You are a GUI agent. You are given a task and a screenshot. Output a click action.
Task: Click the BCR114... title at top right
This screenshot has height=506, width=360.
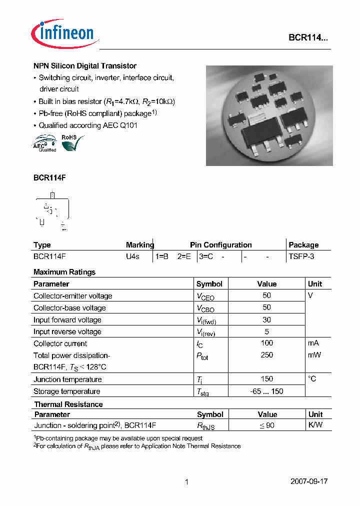coord(308,37)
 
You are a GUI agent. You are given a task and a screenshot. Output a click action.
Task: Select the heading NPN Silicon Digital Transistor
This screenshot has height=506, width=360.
coord(85,66)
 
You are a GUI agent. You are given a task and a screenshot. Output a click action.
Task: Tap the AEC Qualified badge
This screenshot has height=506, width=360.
coord(45,143)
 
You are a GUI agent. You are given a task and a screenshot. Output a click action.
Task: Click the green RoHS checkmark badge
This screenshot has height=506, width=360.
coord(71,142)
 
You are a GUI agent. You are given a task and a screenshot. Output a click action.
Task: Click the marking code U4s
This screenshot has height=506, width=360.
coord(132,256)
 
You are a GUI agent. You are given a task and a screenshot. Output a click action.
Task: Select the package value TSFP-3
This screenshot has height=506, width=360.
coord(301,256)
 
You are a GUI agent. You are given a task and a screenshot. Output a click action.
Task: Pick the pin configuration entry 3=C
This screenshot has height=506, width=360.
coord(205,256)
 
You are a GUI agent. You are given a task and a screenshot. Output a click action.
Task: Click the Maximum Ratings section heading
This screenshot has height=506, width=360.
coord(64,272)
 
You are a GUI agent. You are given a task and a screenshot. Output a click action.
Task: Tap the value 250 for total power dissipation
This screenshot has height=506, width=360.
coord(267,355)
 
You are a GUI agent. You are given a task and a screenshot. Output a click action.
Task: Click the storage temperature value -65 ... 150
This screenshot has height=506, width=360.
coord(267,391)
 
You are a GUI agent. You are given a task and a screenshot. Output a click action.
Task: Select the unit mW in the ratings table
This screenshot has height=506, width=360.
coord(314,355)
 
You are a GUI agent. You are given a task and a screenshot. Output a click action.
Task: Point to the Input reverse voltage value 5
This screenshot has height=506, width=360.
coord(267,331)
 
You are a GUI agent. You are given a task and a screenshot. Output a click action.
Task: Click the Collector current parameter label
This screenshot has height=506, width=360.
coord(60,343)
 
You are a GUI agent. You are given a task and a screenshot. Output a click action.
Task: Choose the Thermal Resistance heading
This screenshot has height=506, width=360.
coord(68,404)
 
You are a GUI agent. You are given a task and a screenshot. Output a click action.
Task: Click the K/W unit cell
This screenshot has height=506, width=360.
coord(315,425)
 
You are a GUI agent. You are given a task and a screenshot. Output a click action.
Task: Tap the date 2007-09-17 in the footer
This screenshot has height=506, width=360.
coord(309,481)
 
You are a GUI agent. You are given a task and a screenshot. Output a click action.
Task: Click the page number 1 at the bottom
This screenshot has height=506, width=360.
coord(186,482)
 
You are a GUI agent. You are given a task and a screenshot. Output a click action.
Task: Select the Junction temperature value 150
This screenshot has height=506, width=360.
coord(267,379)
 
